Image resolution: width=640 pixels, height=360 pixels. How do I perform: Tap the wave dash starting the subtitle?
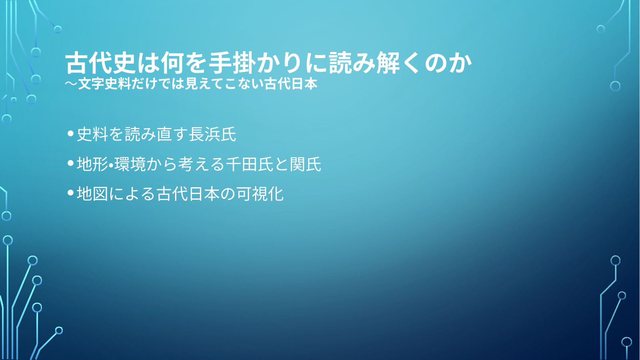71,84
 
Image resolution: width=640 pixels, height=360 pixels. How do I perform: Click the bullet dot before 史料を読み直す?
71,134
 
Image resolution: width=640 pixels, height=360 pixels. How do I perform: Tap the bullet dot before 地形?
71,163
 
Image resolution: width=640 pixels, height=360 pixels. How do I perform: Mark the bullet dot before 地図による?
71,193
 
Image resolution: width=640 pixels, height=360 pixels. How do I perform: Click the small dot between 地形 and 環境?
111,165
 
